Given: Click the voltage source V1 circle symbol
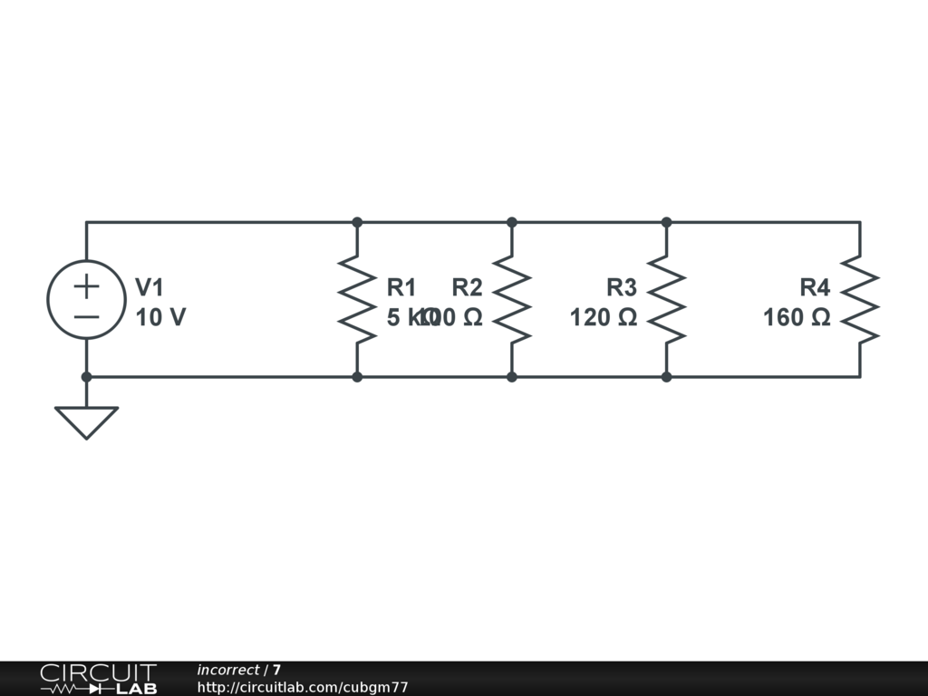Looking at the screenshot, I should coord(86,300).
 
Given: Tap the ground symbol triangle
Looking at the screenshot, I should coord(86,420).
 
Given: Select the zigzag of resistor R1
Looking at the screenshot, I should coord(357,300).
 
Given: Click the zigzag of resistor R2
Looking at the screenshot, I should coord(512,300).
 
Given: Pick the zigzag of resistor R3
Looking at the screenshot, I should coord(667,300).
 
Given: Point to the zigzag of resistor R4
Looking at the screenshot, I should coord(860,300).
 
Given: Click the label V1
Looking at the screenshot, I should coord(150,288).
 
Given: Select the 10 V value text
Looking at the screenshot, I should coord(160,318).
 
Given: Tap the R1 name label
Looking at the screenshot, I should coord(401,288).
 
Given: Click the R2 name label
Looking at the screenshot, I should coord(467,288).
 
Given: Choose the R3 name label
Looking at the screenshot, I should coord(622,288).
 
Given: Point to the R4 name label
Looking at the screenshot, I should coord(815,288).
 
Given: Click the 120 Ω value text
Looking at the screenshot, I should coord(604,318).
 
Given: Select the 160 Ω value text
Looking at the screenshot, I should coord(797,318).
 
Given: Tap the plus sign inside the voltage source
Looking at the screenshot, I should coord(86,286).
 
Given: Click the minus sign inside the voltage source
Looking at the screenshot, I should coord(86,316).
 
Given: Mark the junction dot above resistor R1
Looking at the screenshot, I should coord(357,222).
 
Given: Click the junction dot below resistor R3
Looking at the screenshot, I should coord(667,377).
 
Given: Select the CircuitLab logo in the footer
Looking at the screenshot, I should coord(98,679).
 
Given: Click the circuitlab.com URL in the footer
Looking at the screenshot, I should coord(303,688).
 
